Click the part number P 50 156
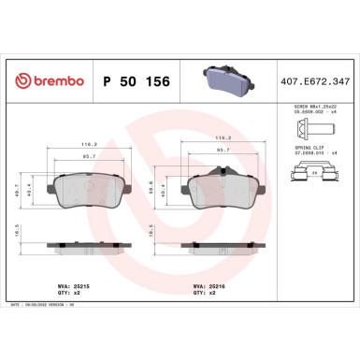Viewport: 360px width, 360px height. coord(130,81)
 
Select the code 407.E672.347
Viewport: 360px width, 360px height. coord(321,81)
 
